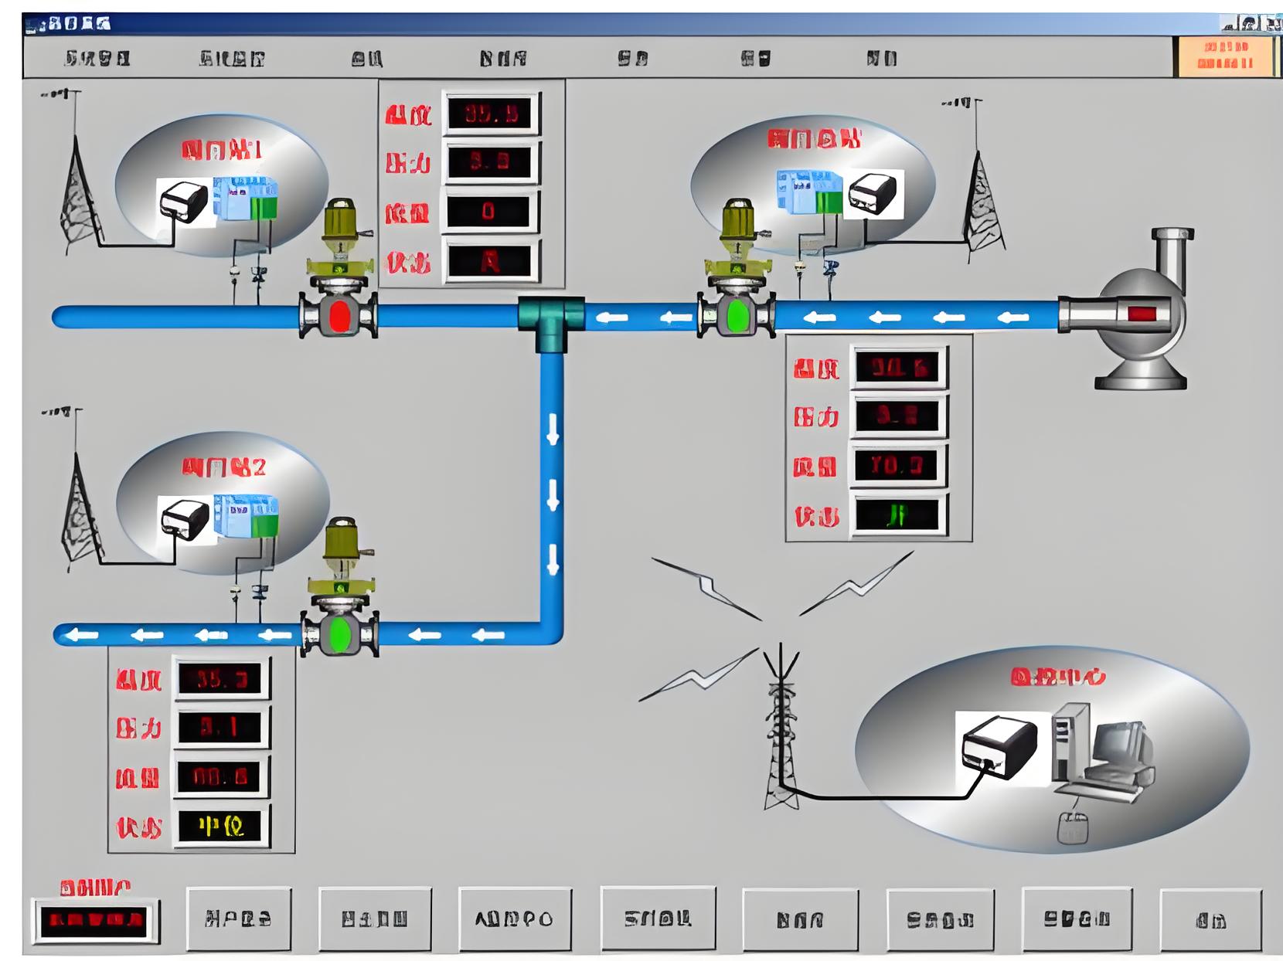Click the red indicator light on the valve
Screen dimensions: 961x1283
pos(339,316)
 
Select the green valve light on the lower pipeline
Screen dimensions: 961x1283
pos(340,634)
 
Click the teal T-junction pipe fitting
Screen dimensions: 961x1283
pos(551,321)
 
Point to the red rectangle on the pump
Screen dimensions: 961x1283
pos(1142,314)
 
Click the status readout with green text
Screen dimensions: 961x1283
pos(898,514)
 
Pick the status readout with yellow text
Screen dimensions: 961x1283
pos(222,827)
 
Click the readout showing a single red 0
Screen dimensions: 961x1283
pos(489,212)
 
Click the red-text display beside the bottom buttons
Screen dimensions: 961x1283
pos(94,920)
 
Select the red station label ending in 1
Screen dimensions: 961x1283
pos(221,150)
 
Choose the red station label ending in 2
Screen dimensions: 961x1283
pos(223,467)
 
